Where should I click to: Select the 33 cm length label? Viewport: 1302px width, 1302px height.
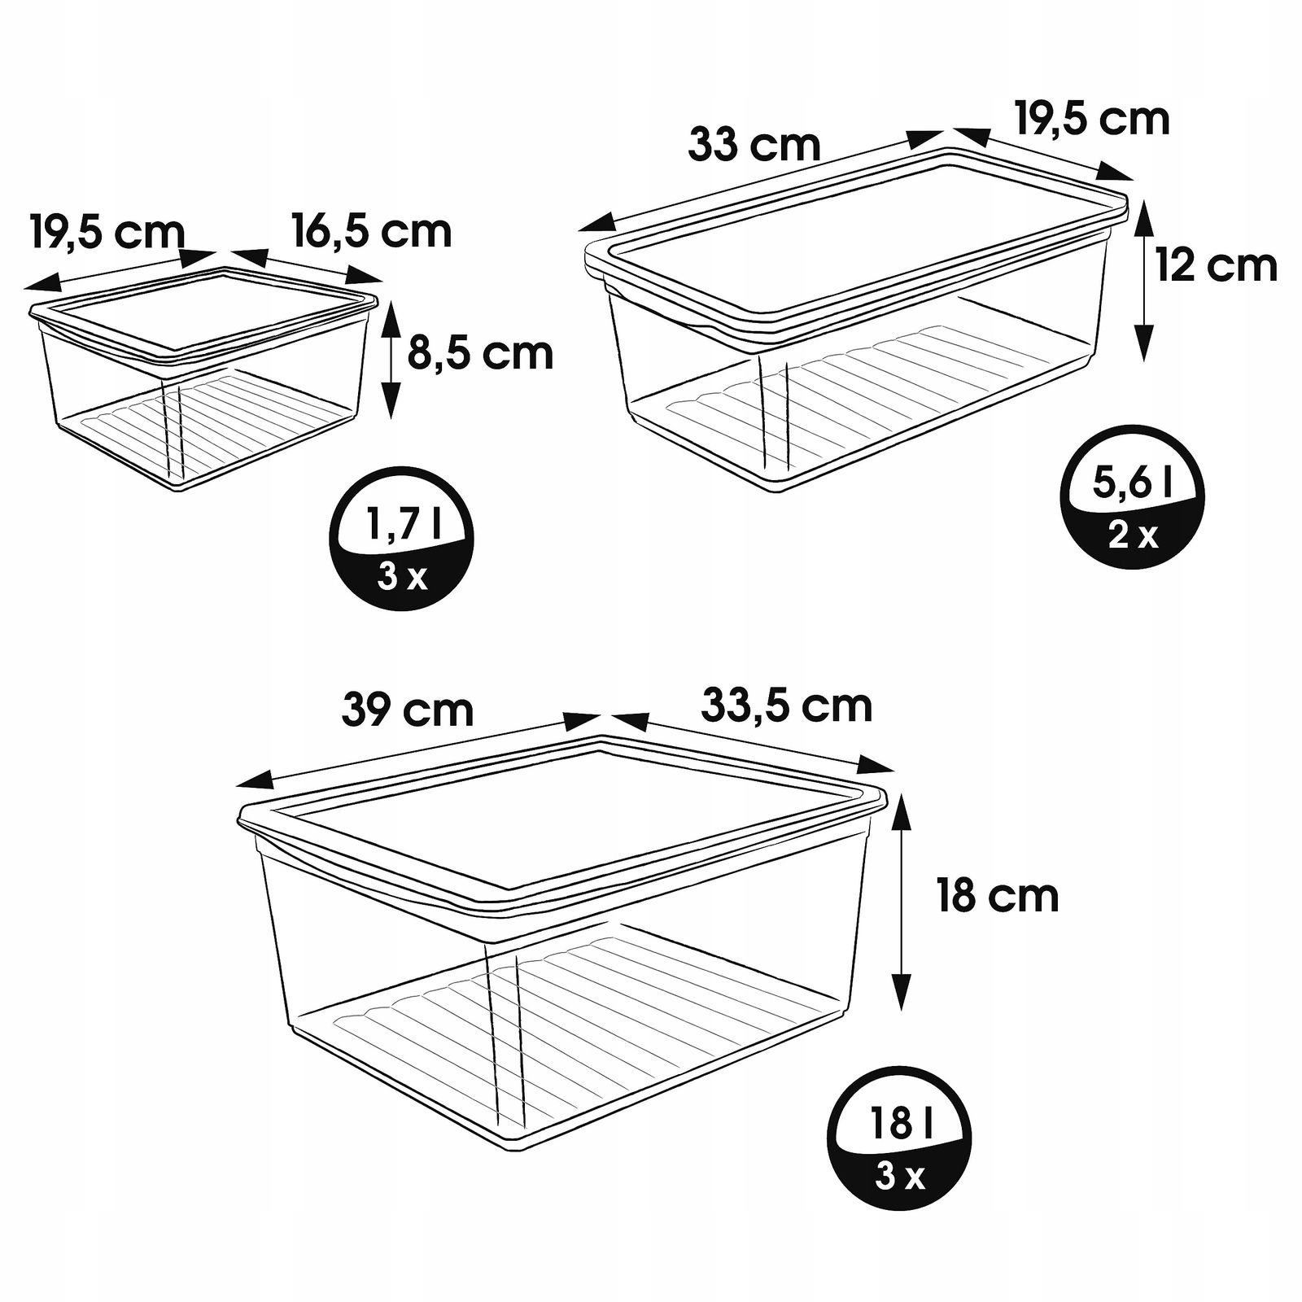pyautogui.click(x=754, y=145)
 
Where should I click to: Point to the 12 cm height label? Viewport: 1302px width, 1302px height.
pyautogui.click(x=1217, y=265)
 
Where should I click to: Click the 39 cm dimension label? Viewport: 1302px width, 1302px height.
pyautogui.click(x=408, y=709)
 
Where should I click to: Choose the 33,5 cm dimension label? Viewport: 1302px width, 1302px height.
pyautogui.click(x=787, y=705)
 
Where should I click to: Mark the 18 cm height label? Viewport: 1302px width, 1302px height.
pyautogui.click(x=998, y=896)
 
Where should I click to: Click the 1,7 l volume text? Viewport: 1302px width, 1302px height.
pyautogui.click(x=403, y=525)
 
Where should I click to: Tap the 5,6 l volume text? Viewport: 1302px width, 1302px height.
pyautogui.click(x=1134, y=483)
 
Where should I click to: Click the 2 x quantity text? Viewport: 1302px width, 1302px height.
pyautogui.click(x=1133, y=535)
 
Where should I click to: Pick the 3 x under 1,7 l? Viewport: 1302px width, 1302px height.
pyautogui.click(x=402, y=577)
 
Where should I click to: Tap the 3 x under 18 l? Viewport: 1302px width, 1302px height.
pyautogui.click(x=900, y=1177)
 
